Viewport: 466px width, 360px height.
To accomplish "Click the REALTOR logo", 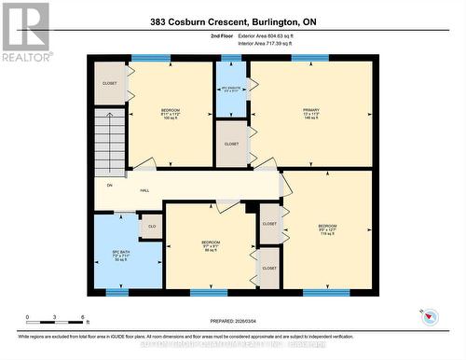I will coord(25,32).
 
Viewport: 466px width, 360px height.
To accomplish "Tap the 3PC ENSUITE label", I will coord(232,89).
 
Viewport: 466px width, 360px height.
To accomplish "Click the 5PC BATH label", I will coord(116,254).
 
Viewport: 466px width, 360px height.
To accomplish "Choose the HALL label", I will coord(144,190).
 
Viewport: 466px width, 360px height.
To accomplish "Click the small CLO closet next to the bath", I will coord(151,227).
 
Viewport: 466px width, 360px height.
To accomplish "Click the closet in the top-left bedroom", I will coord(110,83).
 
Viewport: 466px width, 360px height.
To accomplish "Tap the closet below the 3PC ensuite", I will coord(231,144).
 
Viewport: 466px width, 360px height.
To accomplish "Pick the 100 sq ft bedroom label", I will coord(170,114).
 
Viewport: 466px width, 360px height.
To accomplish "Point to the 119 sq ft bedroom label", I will coord(327,229).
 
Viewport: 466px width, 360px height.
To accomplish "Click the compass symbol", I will coord(429,315).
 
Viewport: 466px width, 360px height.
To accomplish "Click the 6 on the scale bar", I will coord(84,318).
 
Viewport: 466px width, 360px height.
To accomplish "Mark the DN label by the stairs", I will coord(109,185).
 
